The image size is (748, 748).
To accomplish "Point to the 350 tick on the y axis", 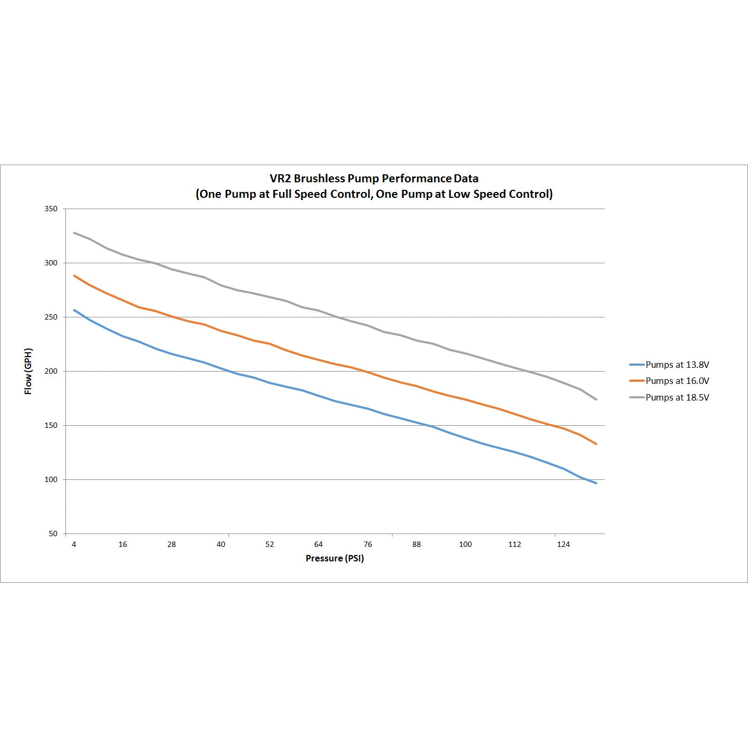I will click(51, 209).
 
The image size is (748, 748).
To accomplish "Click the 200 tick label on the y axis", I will click(51, 371).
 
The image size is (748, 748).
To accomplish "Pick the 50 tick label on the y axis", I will click(53, 534).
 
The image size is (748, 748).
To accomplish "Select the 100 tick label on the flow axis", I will click(51, 479).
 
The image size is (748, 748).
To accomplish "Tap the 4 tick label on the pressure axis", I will click(74, 544).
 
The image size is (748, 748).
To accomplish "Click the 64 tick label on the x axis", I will click(319, 544).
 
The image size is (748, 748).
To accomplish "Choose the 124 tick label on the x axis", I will click(564, 544).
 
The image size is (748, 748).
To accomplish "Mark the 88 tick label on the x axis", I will click(417, 544).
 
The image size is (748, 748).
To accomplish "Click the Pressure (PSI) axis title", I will click(335, 558).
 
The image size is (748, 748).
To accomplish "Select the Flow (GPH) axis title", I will click(28, 371).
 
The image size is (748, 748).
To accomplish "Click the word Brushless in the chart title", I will click(319, 179).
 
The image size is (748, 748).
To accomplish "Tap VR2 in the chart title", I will click(280, 179).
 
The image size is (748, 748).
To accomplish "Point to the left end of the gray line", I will click(74, 233).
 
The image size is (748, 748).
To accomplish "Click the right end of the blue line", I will click(596, 483).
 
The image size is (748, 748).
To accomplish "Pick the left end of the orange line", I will click(74, 276).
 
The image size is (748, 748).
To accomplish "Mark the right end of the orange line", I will click(596, 444).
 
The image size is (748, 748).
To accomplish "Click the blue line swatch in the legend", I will click(636, 365).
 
